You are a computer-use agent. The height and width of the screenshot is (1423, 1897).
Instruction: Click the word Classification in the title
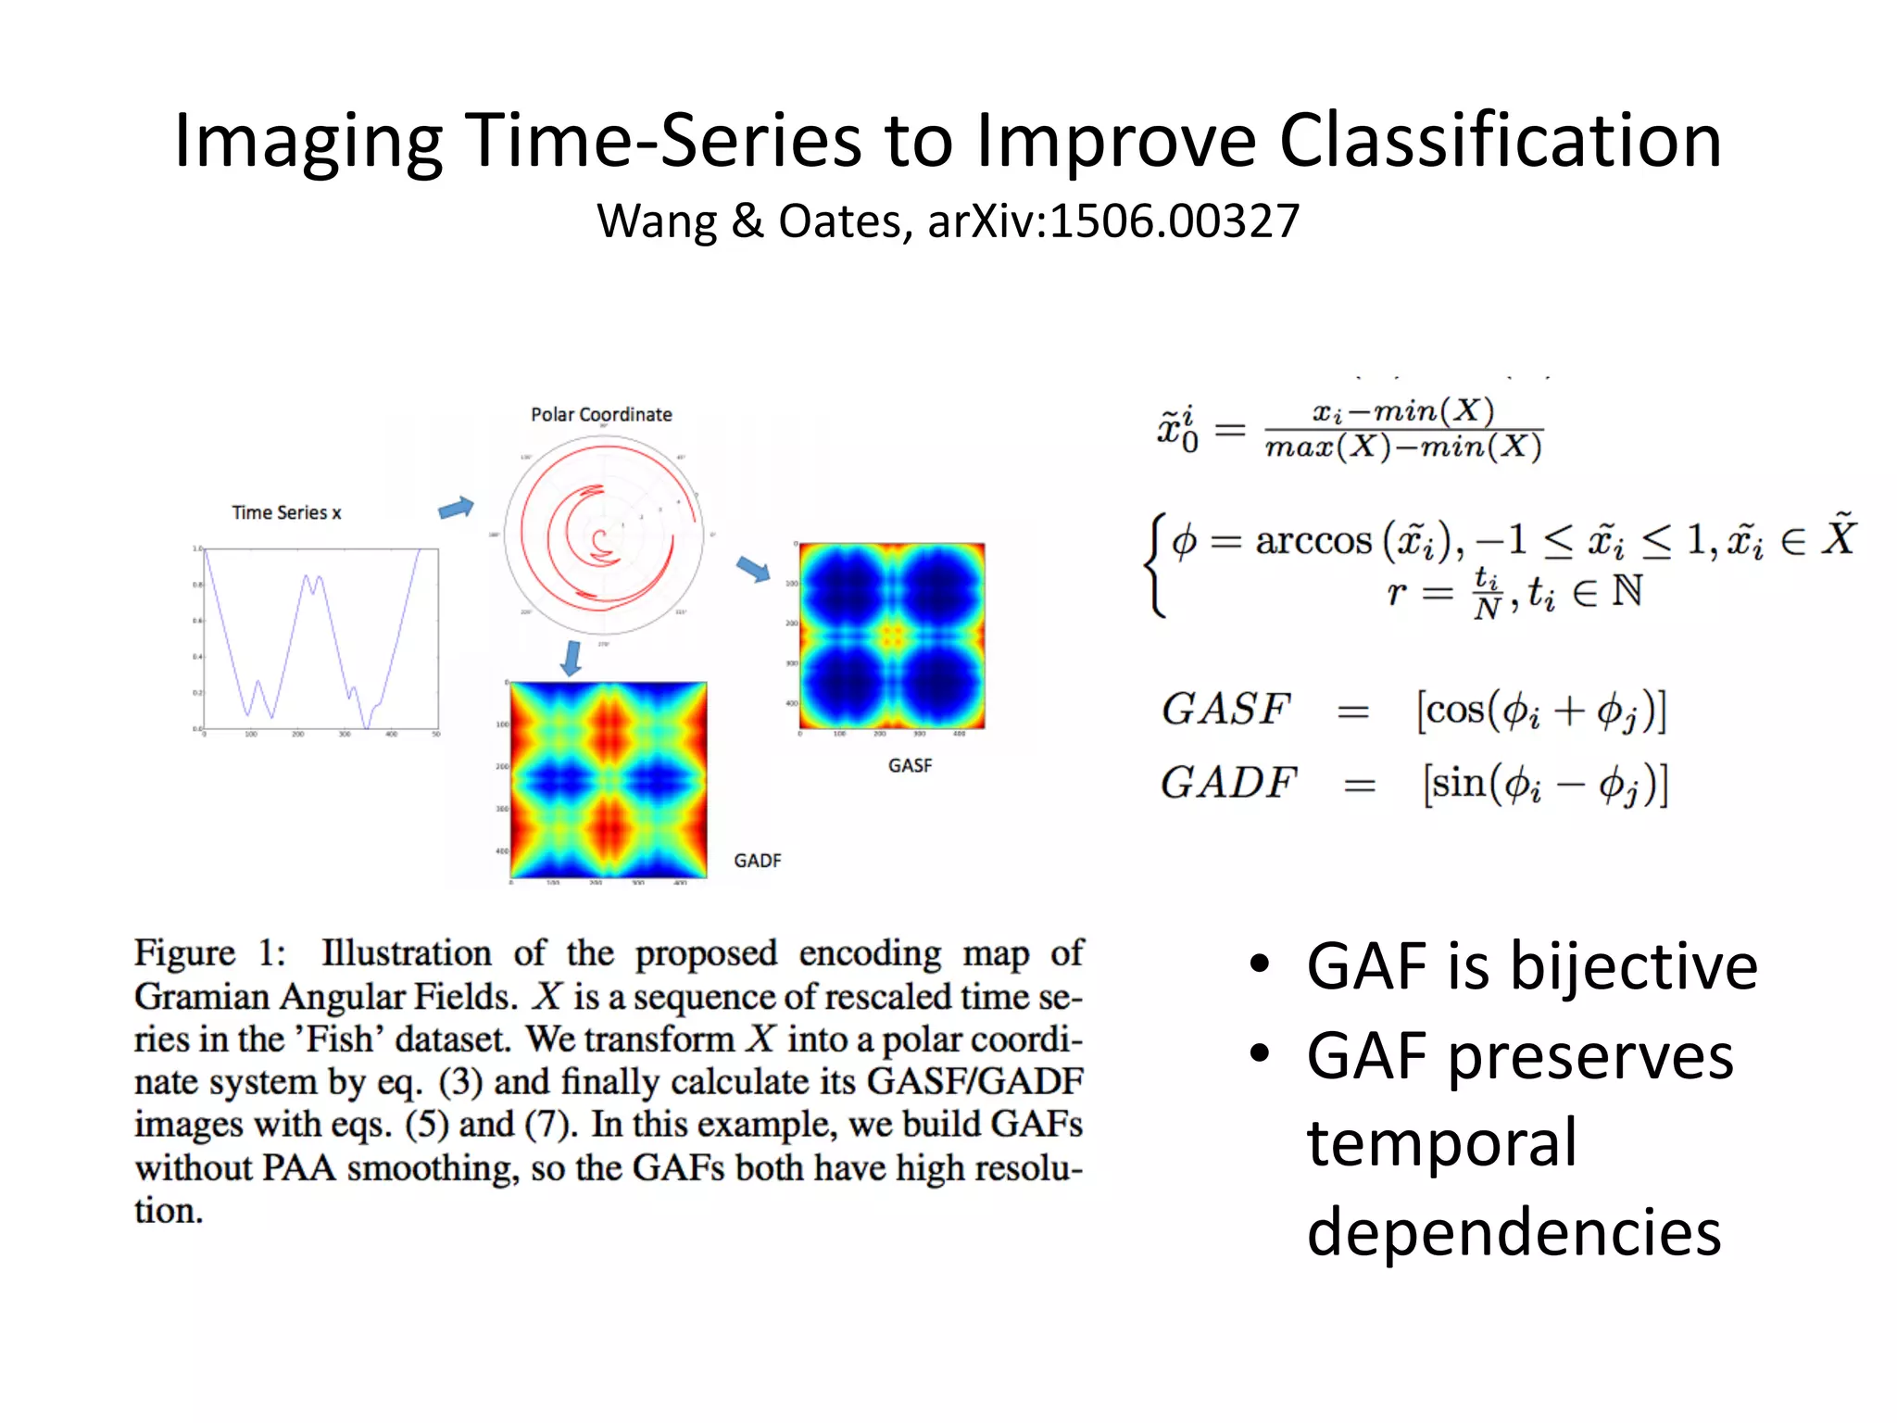(1500, 141)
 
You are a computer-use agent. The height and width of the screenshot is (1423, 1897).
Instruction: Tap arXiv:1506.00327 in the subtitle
(1113, 222)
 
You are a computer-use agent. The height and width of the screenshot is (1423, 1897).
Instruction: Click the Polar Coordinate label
(601, 414)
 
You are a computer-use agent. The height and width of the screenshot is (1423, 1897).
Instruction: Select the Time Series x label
(286, 512)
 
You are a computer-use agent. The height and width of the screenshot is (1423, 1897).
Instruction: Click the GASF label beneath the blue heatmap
(910, 765)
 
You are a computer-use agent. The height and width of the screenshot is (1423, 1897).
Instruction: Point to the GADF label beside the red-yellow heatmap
(757, 861)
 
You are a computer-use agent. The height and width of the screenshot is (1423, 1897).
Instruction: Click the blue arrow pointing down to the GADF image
(572, 657)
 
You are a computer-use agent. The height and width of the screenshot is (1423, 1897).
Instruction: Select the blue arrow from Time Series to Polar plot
(456, 508)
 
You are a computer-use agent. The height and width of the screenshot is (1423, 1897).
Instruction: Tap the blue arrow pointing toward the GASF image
(753, 569)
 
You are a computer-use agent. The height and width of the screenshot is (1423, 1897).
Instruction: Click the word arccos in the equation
(1313, 541)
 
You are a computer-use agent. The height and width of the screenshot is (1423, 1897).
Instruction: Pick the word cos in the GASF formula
(1455, 711)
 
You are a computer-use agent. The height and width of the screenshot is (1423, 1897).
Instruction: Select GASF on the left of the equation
(1225, 710)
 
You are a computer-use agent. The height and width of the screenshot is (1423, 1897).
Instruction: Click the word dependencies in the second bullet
(1514, 1232)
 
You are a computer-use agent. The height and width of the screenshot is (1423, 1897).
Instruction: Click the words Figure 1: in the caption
(210, 953)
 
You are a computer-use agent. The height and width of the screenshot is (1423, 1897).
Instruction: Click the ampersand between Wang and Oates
(747, 222)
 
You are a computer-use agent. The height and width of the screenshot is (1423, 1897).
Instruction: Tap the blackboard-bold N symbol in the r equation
(1627, 591)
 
